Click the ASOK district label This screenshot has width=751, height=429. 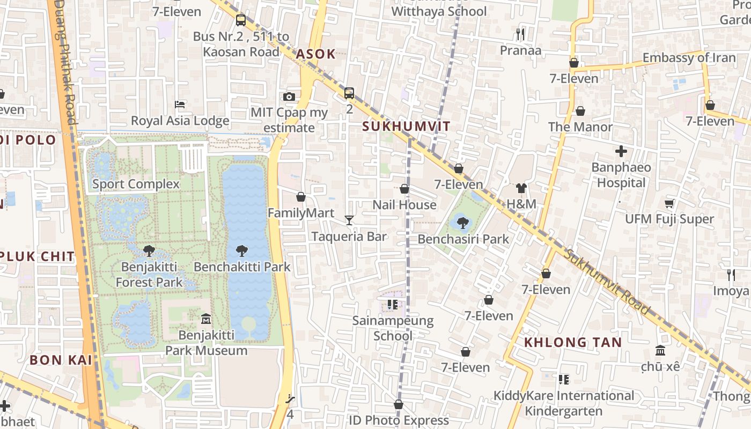315,54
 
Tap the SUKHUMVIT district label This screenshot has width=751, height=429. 406,127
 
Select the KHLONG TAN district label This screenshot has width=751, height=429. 573,342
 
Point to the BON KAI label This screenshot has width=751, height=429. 61,360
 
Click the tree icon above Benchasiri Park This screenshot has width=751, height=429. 462,223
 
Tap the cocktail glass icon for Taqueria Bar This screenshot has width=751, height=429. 349,220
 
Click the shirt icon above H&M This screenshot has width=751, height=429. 521,188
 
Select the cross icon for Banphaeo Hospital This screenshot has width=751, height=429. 621,151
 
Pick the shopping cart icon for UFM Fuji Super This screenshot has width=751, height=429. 669,203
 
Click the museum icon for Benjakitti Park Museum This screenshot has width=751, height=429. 205,320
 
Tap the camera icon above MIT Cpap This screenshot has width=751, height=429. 289,97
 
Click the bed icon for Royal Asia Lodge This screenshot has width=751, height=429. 180,104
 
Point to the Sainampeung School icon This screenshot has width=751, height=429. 393,305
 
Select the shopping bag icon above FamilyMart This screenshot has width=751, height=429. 301,197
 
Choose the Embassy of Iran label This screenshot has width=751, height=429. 689,58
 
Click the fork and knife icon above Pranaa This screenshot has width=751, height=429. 520,34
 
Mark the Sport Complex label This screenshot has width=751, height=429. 136,184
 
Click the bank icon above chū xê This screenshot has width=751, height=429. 660,350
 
